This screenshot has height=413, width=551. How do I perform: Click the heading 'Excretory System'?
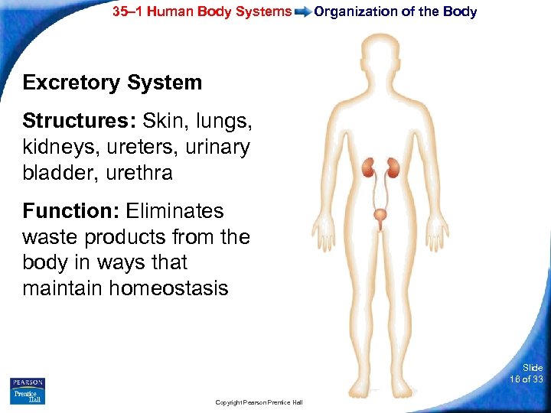[x=112, y=83]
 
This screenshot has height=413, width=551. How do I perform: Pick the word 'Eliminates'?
[x=174, y=210]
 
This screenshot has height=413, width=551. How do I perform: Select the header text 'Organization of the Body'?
[x=396, y=11]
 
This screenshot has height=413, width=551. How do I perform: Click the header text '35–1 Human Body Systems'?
[x=202, y=11]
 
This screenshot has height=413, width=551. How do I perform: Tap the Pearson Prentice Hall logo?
[x=28, y=390]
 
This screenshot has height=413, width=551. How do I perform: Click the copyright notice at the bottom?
[x=259, y=402]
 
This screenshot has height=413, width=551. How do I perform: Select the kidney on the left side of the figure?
[x=368, y=167]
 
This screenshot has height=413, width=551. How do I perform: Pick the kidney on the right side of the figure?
[x=394, y=167]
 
